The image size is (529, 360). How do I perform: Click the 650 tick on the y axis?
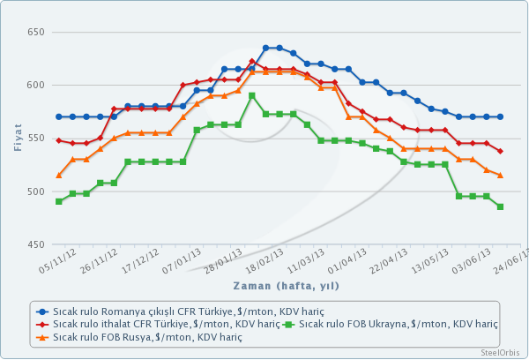click(35, 32)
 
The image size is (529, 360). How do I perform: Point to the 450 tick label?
click(35, 244)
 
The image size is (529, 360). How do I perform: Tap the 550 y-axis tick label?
click(35, 139)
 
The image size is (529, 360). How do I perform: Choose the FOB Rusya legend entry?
click(141, 337)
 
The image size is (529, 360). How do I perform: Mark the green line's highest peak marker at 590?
click(252, 95)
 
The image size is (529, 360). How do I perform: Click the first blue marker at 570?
click(59, 116)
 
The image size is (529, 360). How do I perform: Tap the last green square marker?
click(500, 206)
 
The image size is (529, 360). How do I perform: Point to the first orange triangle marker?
click(59, 175)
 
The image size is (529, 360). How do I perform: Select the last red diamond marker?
click(500, 151)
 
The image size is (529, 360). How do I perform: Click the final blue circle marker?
click(500, 116)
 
